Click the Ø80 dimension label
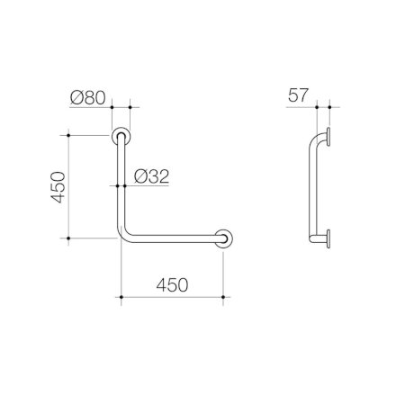coord(88,98)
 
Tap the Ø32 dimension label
coord(151,176)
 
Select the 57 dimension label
coord(298,95)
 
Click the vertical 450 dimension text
coord(58,187)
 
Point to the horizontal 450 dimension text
coord(172,284)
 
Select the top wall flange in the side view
coord(328,137)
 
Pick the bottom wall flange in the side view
coord(328,238)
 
